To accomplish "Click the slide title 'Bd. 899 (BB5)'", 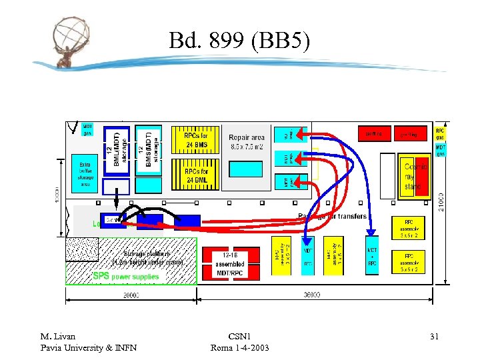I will point(239,41).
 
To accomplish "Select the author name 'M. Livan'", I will point(58,337).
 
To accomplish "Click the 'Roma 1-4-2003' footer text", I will point(239,347).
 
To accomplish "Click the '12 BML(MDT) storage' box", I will point(116,151).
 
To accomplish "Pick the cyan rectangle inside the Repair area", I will point(245,169).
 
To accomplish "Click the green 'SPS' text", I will point(101,276).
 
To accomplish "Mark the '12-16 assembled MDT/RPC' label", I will point(230,264).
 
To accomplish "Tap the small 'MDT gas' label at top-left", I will point(87,129).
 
